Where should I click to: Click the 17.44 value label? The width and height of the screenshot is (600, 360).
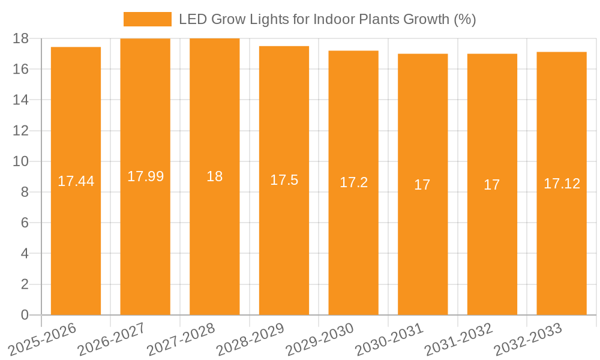(76, 181)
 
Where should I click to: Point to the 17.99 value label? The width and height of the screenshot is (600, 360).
(145, 176)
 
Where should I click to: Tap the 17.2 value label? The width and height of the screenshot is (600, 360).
(353, 183)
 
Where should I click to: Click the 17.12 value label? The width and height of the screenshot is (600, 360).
(562, 184)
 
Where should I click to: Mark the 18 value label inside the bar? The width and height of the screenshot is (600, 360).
(215, 176)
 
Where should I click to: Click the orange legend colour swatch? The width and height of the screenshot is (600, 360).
(148, 19)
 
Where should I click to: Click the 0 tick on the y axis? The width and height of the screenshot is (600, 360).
(25, 315)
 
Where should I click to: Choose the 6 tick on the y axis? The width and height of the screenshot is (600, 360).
(25, 223)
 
